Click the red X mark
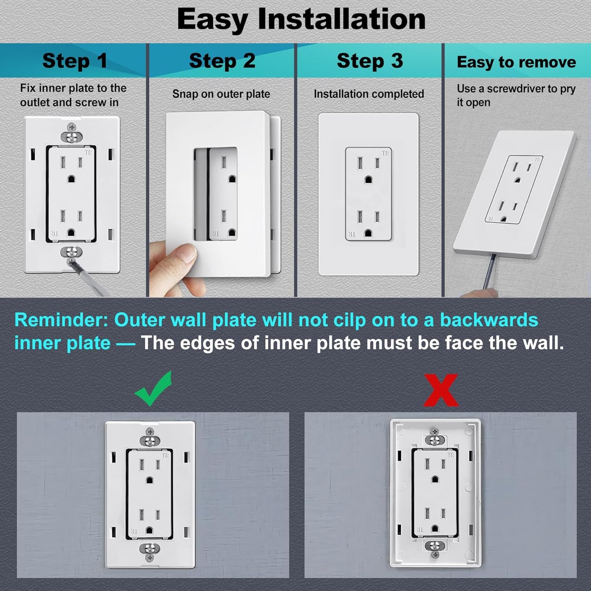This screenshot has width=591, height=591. tap(440, 390)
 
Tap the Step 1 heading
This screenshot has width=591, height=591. tap(75, 61)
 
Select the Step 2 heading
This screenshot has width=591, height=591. tap(222, 61)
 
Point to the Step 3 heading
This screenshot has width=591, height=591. tap(370, 61)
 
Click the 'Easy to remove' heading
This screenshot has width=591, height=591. tap(516, 62)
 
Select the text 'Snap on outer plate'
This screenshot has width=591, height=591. tap(221, 94)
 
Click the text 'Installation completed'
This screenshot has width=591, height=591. tap(369, 94)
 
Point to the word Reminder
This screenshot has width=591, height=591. tap(61, 320)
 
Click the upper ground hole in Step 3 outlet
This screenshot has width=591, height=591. tap(368, 180)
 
